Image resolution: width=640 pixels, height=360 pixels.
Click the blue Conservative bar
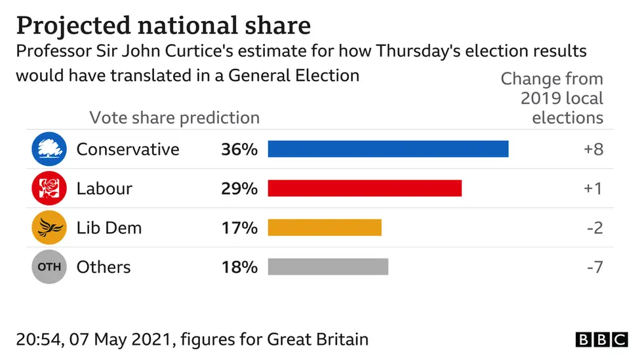pyautogui.click(x=388, y=149)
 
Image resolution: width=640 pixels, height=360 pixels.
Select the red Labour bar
pyautogui.click(x=365, y=188)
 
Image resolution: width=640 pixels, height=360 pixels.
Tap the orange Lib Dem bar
pyautogui.click(x=325, y=228)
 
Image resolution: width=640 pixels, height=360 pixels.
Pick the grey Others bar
pyautogui.click(x=328, y=267)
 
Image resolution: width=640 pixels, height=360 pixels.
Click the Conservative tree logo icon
pyautogui.click(x=49, y=149)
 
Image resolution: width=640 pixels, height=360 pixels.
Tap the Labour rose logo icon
pyautogui.click(x=49, y=188)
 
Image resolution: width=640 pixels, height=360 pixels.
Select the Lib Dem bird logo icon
pyautogui.click(x=49, y=228)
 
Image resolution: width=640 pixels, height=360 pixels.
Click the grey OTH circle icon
pyautogui.click(x=49, y=267)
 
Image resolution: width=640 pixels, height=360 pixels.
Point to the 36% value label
pyautogui.click(x=239, y=150)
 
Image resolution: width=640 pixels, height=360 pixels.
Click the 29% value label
pyautogui.click(x=239, y=189)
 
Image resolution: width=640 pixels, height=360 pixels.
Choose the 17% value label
pyautogui.click(x=239, y=228)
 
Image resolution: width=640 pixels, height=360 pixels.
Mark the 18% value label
pyautogui.click(x=239, y=268)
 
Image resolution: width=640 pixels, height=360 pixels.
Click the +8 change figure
pyautogui.click(x=593, y=150)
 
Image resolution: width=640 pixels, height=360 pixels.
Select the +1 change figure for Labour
pyautogui.click(x=593, y=189)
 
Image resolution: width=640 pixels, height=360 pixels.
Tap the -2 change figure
pyautogui.click(x=594, y=228)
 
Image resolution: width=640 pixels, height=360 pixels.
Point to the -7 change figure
pyautogui.click(x=594, y=268)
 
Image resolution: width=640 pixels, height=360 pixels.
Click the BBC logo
pyautogui.click(x=601, y=340)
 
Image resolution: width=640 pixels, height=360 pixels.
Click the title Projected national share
pyautogui.click(x=163, y=26)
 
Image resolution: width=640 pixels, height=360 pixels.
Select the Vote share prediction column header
pyautogui.click(x=174, y=118)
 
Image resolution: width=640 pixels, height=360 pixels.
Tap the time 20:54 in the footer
pyautogui.click(x=37, y=340)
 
